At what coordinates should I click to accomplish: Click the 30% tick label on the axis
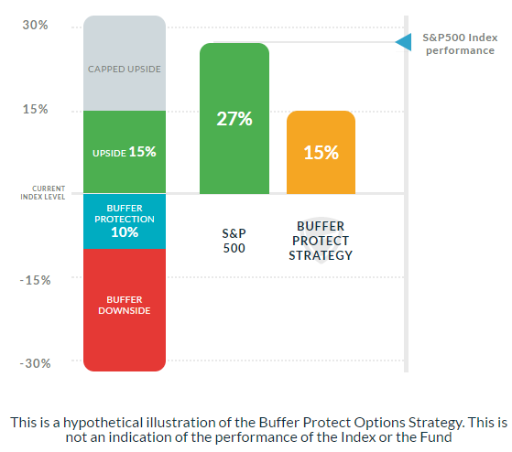click(x=35, y=25)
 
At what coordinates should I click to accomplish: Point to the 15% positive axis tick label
click(x=35, y=110)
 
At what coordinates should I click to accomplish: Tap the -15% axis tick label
click(x=33, y=279)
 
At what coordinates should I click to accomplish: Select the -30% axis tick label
click(x=33, y=363)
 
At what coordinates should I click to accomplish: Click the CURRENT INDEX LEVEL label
click(x=43, y=194)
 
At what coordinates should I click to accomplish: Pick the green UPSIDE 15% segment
click(x=125, y=152)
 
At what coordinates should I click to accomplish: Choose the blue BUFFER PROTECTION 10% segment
click(x=125, y=221)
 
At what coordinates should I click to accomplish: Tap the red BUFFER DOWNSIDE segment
click(x=125, y=307)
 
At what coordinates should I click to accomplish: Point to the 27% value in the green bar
click(x=234, y=120)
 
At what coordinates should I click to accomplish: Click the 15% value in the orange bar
click(x=321, y=152)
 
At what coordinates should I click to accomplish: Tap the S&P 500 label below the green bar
click(x=234, y=240)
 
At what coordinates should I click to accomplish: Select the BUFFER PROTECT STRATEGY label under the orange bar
click(x=321, y=241)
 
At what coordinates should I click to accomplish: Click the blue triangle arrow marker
click(x=402, y=41)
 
